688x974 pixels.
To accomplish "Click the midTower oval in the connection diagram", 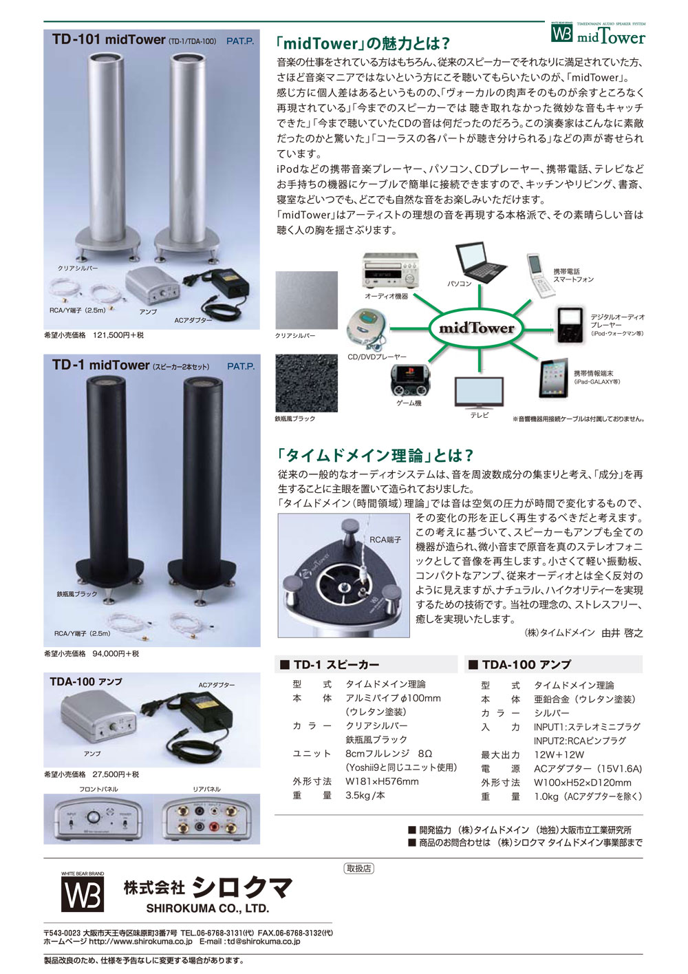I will pos(477,328).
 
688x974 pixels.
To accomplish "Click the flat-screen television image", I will pos(479,392).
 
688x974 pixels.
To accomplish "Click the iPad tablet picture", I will pos(554,377).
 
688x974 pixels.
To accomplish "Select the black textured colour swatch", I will pos(306,383).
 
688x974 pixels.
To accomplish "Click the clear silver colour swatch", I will pos(306,300).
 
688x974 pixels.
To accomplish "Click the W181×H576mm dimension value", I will pos(382,781).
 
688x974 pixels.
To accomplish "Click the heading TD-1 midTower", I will pos(100,366).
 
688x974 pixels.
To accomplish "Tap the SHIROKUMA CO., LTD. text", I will pos(207,908).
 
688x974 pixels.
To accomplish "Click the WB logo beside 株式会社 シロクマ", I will pos(83,895).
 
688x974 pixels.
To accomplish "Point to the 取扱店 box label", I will pos(358,869).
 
